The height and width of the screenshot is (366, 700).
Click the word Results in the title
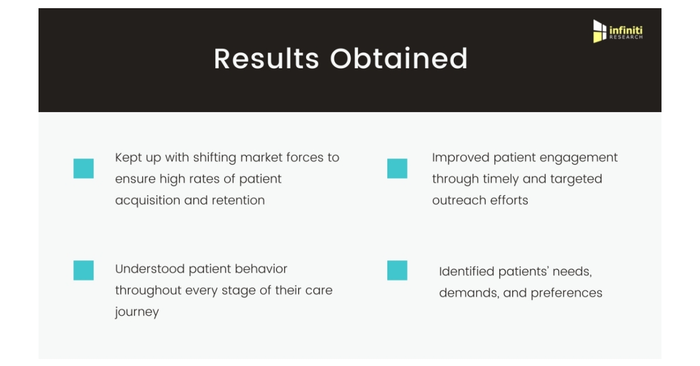(x=266, y=58)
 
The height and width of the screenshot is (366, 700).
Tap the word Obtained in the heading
(x=399, y=58)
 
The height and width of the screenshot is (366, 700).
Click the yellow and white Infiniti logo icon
(x=600, y=31)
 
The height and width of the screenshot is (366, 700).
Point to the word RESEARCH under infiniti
(x=625, y=37)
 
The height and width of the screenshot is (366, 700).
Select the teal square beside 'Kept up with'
(x=83, y=169)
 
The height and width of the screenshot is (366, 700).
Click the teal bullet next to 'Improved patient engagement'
(x=397, y=169)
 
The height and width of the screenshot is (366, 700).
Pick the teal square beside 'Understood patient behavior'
(x=83, y=270)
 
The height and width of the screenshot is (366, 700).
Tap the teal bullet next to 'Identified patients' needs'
(x=397, y=270)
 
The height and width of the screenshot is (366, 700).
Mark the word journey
(x=137, y=312)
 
